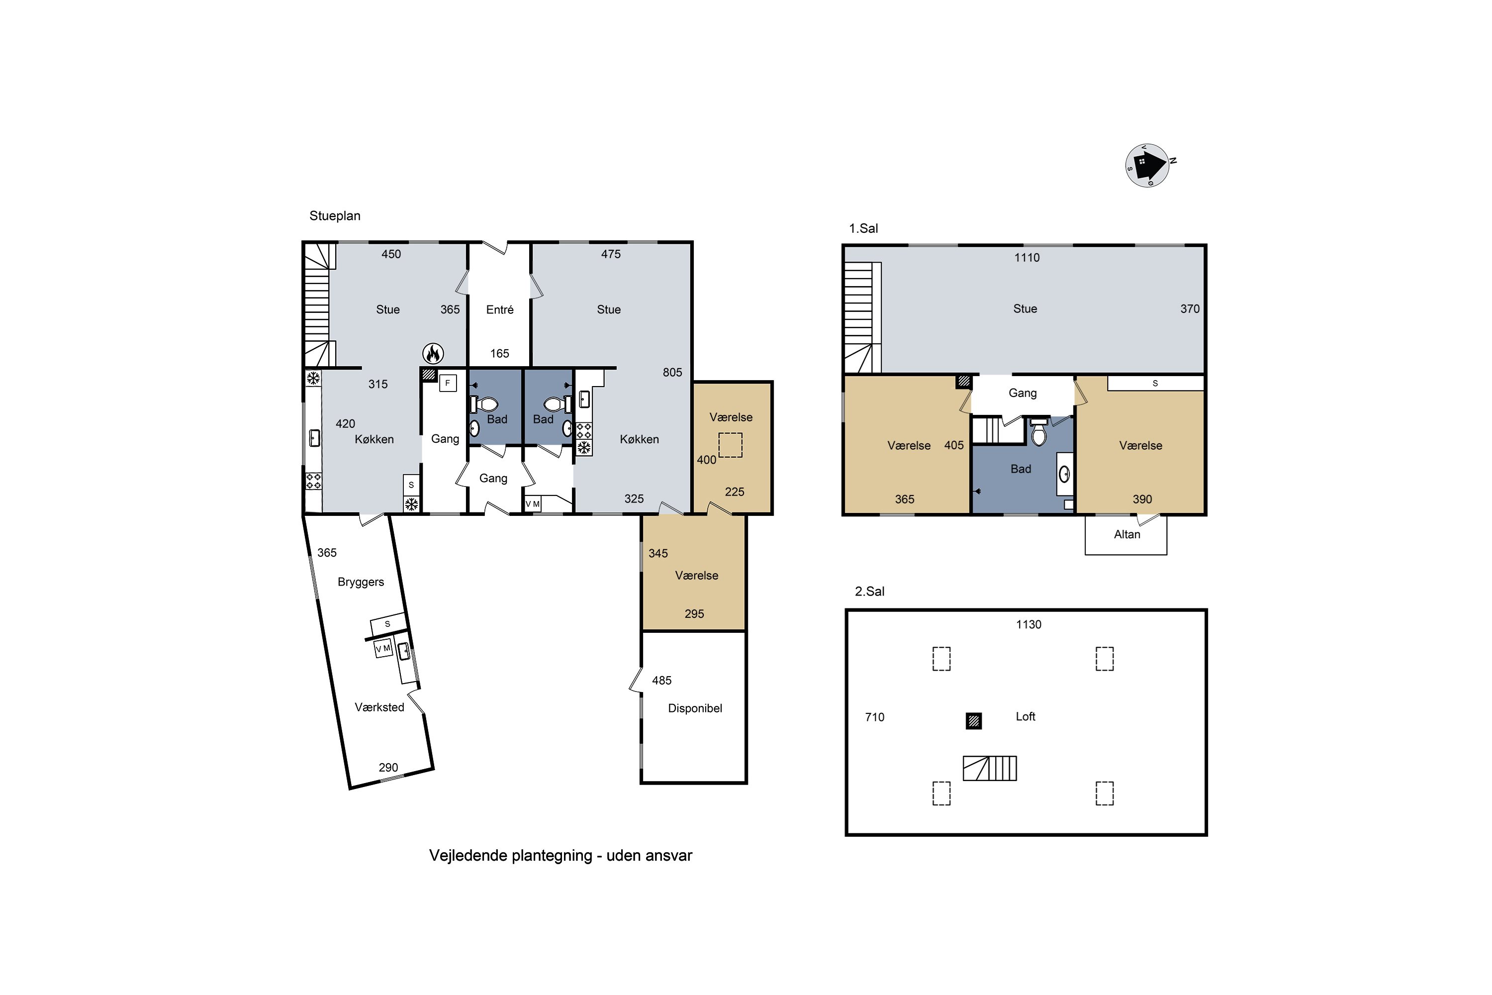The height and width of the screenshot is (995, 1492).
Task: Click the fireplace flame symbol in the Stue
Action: pyautogui.click(x=433, y=353)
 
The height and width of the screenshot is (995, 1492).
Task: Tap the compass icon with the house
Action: pyautogui.click(x=1147, y=166)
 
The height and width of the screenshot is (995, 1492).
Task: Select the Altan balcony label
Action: pyautogui.click(x=1126, y=534)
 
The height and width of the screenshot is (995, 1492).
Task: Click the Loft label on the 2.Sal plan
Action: pyautogui.click(x=1025, y=716)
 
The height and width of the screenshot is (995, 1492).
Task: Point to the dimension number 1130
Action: pyautogui.click(x=1028, y=624)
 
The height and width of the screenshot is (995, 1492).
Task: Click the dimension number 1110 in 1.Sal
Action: pyautogui.click(x=1026, y=258)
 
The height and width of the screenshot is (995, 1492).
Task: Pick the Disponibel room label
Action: pyautogui.click(x=695, y=708)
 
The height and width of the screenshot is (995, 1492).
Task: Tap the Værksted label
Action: pyautogui.click(x=379, y=707)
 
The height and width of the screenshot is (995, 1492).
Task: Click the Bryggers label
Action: pyautogui.click(x=360, y=582)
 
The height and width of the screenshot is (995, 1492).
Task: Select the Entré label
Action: pyautogui.click(x=499, y=309)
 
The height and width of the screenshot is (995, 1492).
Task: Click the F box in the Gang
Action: pyautogui.click(x=448, y=383)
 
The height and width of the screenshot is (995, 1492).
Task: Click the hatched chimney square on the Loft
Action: pyautogui.click(x=974, y=721)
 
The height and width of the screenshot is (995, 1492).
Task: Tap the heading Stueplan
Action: pyautogui.click(x=334, y=216)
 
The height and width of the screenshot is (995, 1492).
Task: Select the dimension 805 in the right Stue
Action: pyautogui.click(x=672, y=373)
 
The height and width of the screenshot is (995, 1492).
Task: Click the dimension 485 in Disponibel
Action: pyautogui.click(x=661, y=680)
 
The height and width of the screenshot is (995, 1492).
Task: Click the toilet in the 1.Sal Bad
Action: pyautogui.click(x=1038, y=432)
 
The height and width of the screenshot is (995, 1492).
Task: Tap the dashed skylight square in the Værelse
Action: pyautogui.click(x=730, y=445)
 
